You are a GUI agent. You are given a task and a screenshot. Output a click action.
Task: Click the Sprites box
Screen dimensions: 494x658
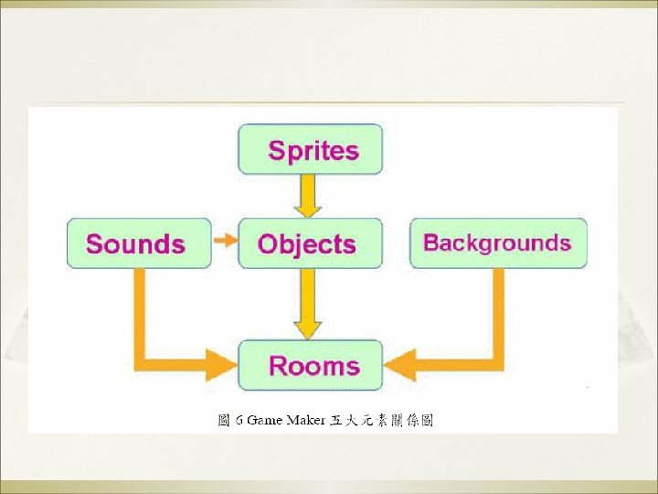pos(311,150)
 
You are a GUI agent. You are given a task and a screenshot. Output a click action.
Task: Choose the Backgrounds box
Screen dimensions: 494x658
pos(497,243)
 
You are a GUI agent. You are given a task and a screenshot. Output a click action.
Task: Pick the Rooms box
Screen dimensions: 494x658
pos(311,366)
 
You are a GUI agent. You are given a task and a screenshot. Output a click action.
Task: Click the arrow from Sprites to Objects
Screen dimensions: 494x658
pos(308,195)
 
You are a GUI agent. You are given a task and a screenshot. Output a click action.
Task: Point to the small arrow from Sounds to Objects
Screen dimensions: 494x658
pos(224,241)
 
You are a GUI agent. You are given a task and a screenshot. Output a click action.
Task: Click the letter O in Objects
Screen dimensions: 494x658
pos(269,244)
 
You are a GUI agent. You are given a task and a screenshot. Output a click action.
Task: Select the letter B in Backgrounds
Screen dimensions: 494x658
pos(431,243)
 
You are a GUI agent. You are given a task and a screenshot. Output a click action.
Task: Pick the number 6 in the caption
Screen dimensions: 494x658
pos(239,421)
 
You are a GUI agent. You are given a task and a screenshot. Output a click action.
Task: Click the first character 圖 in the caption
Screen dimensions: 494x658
pos(224,421)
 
